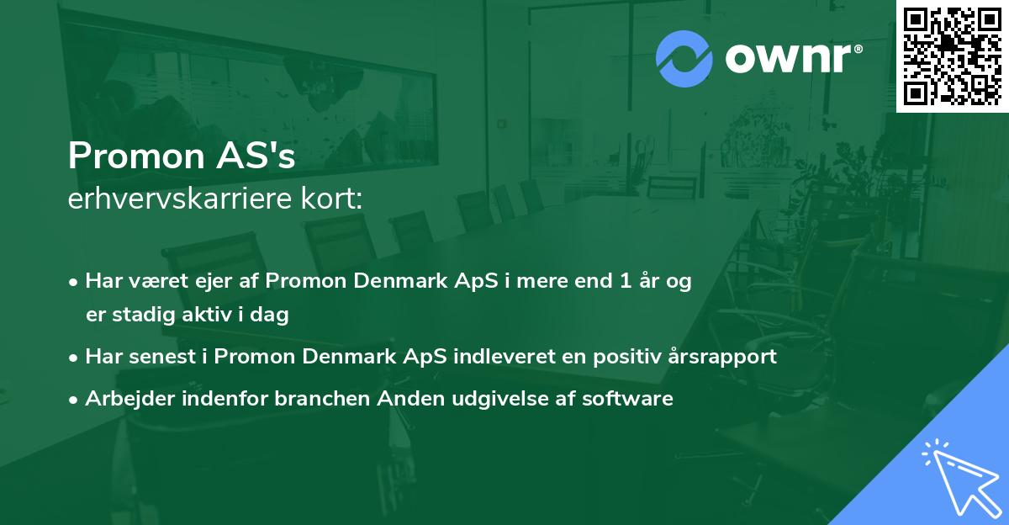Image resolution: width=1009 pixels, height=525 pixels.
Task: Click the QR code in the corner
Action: (952, 56)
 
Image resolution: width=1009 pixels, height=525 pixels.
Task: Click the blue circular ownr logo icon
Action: (684, 58)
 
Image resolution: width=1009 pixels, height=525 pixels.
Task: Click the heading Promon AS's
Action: (182, 156)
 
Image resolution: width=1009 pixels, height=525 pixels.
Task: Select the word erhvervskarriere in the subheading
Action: (181, 199)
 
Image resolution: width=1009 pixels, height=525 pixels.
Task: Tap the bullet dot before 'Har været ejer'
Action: (75, 282)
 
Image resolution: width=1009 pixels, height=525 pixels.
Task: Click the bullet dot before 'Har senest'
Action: (75, 357)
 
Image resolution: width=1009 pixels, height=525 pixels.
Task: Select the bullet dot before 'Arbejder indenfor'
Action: (75, 400)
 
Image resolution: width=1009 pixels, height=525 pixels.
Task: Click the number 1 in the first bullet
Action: (626, 281)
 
